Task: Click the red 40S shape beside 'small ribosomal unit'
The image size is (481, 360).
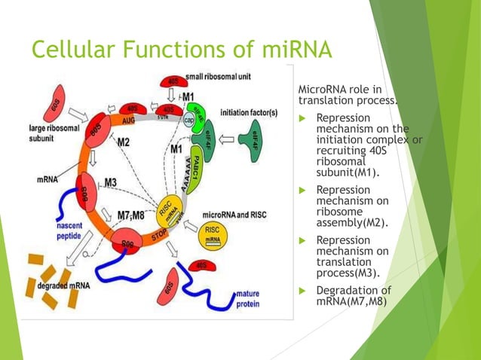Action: [173, 81]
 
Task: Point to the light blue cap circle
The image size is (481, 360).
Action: [191, 125]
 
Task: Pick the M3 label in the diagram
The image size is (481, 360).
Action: [110, 183]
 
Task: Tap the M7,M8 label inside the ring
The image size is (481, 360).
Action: [131, 214]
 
